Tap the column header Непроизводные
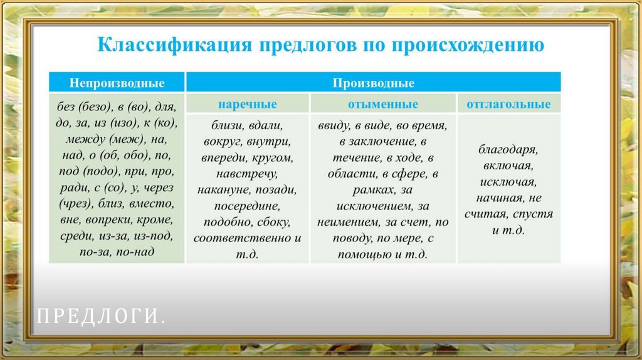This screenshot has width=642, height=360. click(117, 83)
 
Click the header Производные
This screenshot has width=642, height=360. click(373, 83)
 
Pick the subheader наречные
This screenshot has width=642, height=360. click(248, 104)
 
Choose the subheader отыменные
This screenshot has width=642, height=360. click(383, 104)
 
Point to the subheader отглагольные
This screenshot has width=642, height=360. click(508, 104)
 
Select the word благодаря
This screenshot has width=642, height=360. click(508, 151)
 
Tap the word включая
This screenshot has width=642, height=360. click(508, 166)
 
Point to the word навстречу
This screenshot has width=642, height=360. click(248, 173)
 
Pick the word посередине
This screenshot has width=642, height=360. click(248, 206)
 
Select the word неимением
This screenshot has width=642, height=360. click(349, 222)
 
